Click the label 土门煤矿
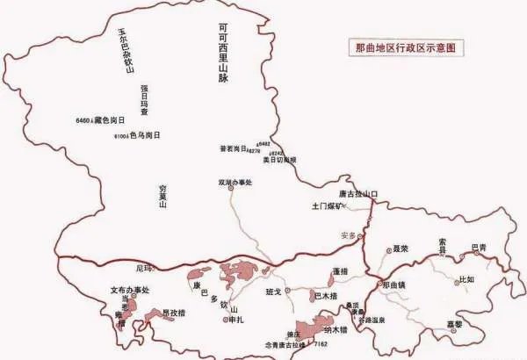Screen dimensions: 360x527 click(327, 207)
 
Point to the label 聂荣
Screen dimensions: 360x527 click(401, 249)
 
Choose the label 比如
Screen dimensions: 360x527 click(467, 280)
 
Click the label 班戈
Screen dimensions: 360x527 click(273, 292)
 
